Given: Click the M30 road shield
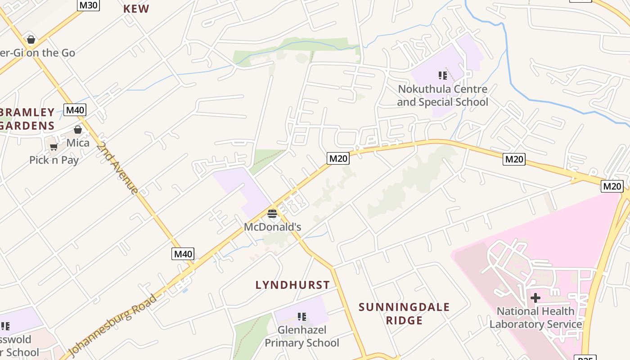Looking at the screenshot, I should tap(88, 5).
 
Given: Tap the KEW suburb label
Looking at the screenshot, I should tap(136, 9).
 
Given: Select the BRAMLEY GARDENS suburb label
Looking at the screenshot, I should tap(27, 119).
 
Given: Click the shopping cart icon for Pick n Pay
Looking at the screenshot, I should tap(54, 147).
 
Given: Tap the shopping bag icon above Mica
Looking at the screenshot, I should tap(78, 130).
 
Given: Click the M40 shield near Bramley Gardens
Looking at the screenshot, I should tap(75, 110).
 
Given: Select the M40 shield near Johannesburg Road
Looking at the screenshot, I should tap(183, 254).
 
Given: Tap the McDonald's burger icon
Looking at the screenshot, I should tap(272, 213).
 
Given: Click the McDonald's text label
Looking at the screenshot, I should tap(272, 227).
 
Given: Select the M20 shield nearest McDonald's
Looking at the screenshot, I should tap(338, 158).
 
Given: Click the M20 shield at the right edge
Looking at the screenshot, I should tap(612, 186).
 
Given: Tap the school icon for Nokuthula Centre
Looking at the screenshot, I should tap(442, 76).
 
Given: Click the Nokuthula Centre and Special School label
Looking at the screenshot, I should tap(442, 95).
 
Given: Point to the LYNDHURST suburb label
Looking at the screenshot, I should tap(292, 285).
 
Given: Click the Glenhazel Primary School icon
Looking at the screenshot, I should tap(302, 317).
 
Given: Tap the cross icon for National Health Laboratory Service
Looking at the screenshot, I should tap(535, 298).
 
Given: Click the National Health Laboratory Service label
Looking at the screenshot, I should tap(535, 318).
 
